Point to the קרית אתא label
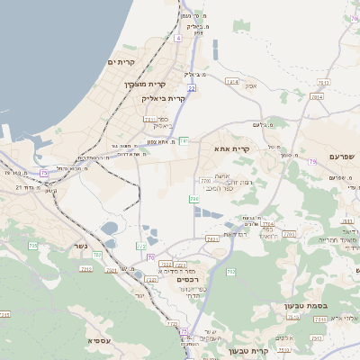[x=231, y=148]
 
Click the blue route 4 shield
[x=178, y=39]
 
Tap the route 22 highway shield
[x=192, y=88]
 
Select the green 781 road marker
[x=184, y=139]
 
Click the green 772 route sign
[x=141, y=246]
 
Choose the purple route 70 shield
[x=150, y=256]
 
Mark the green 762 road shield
[x=230, y=272]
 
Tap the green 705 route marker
[x=32, y=246]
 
